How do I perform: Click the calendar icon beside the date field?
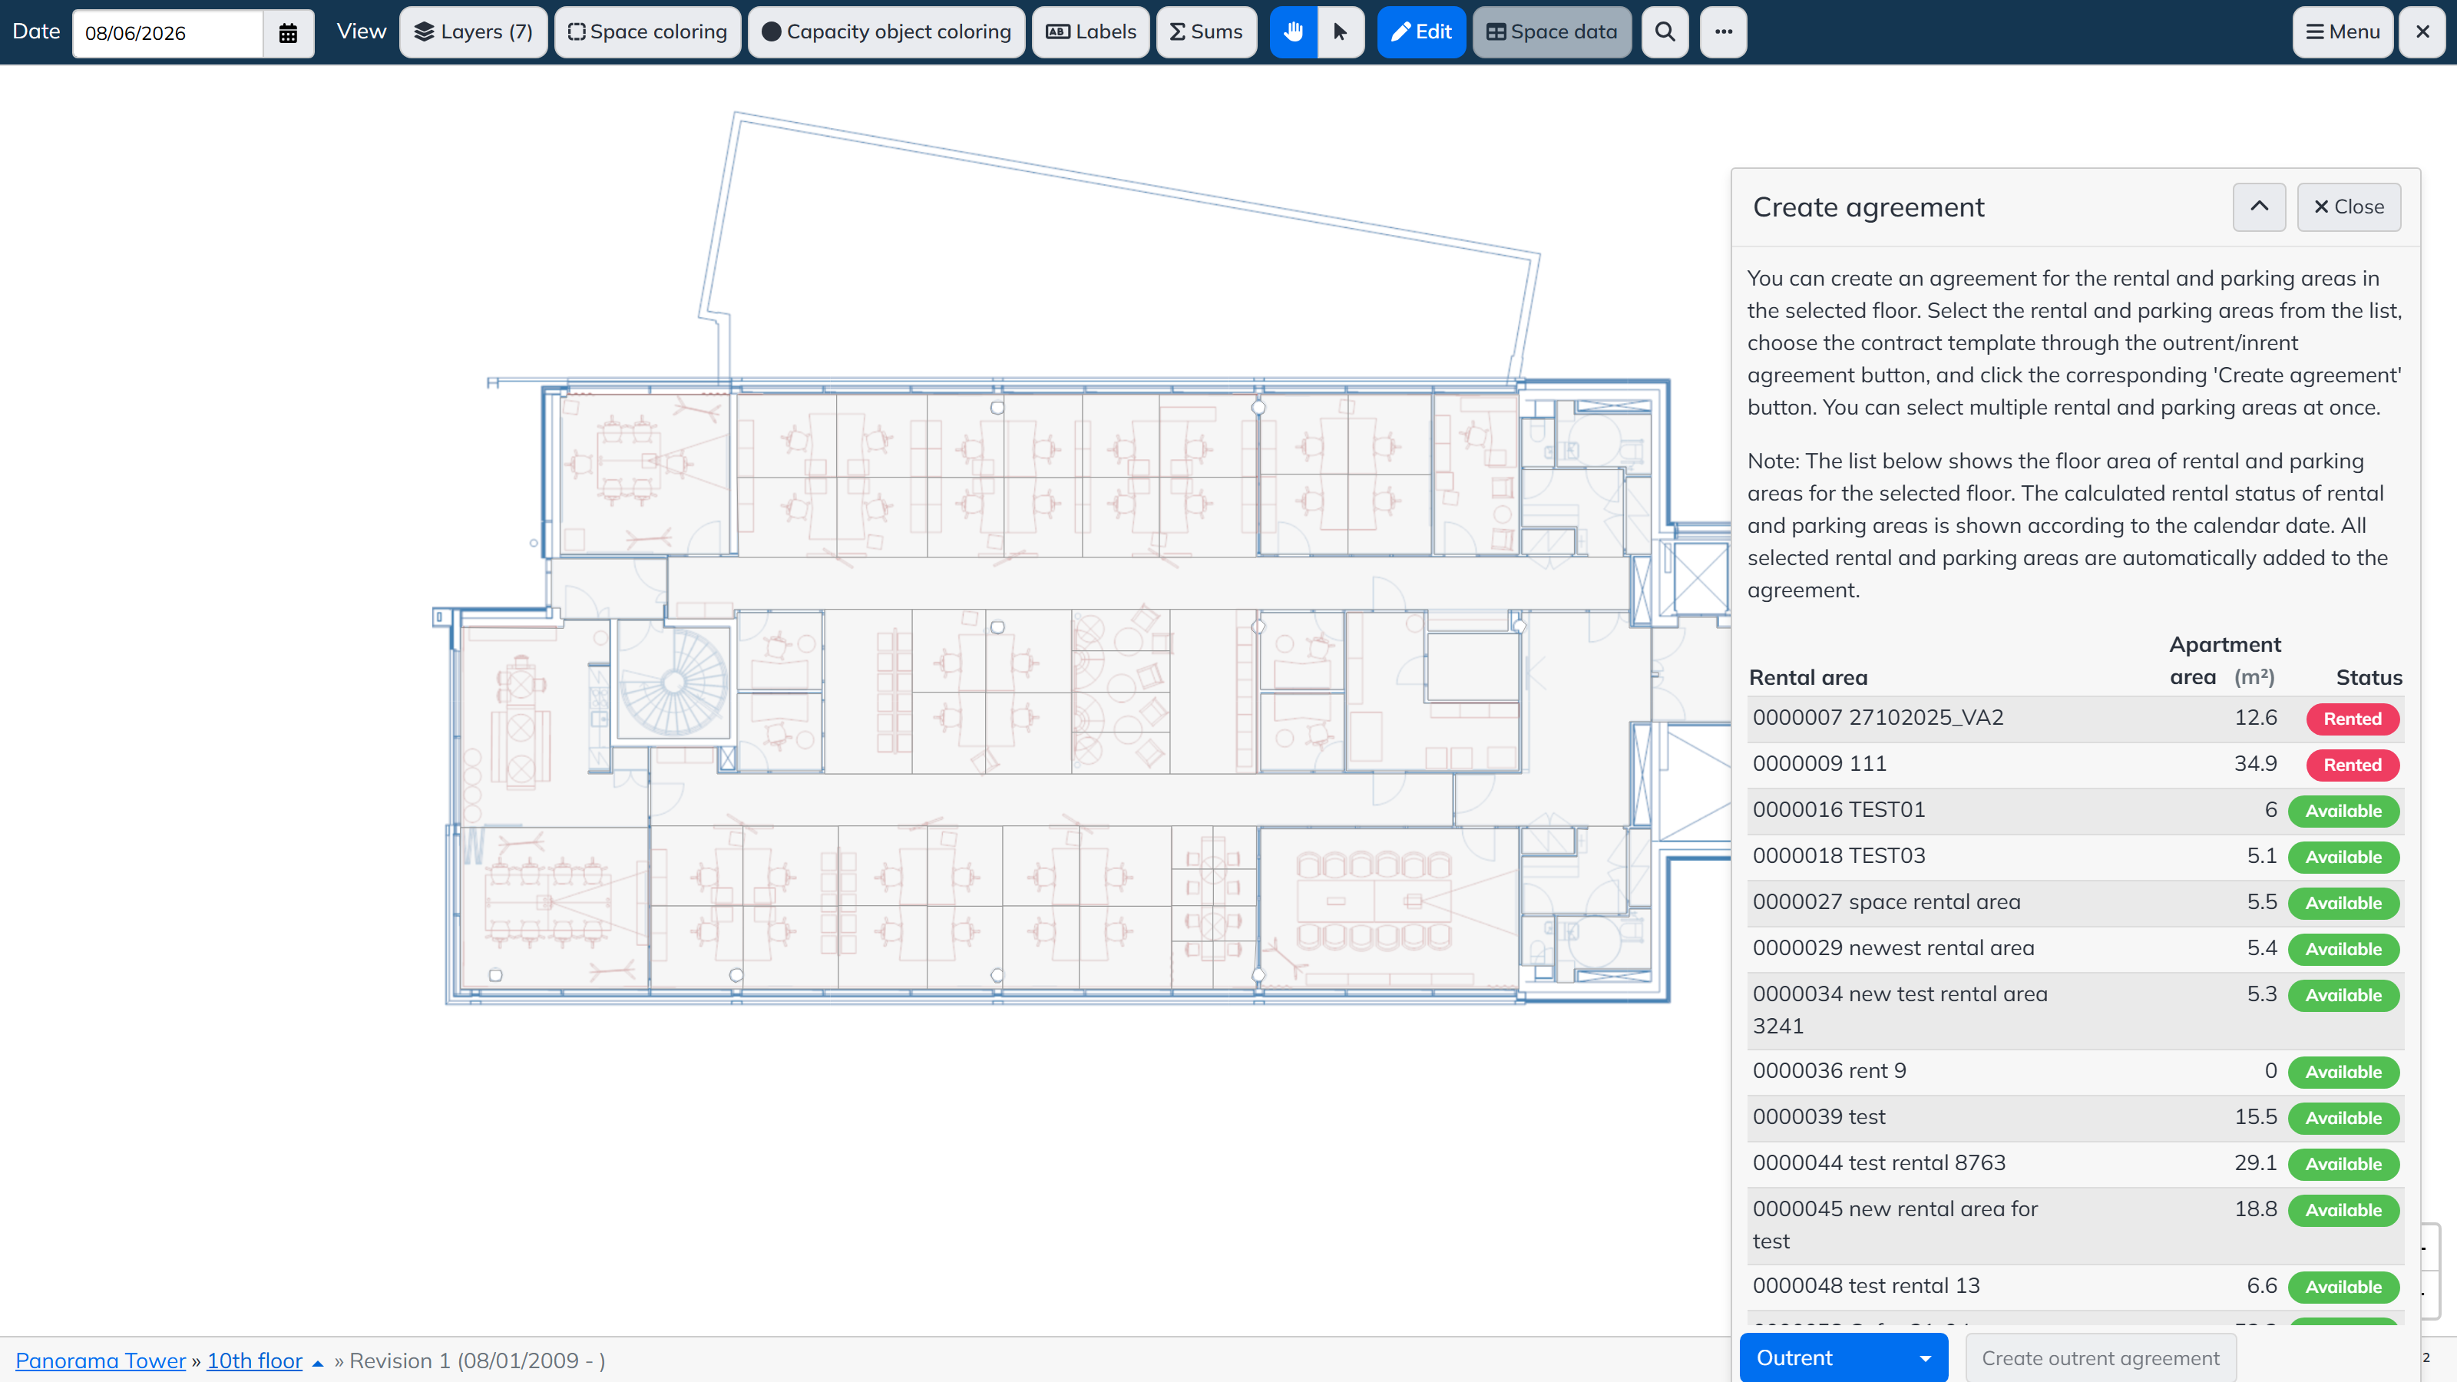pyautogui.click(x=288, y=33)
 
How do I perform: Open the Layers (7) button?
pyautogui.click(x=473, y=32)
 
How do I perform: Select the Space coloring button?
pyautogui.click(x=647, y=32)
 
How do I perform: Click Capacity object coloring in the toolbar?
pyautogui.click(x=886, y=32)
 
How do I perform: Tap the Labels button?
pyautogui.click(x=1091, y=32)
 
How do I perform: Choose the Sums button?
pyautogui.click(x=1206, y=32)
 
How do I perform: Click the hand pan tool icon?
pyautogui.click(x=1293, y=32)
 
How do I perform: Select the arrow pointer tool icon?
pyautogui.click(x=1340, y=32)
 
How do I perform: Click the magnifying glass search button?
pyautogui.click(x=1665, y=32)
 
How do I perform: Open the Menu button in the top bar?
pyautogui.click(x=2343, y=32)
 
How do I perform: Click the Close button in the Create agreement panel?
pyautogui.click(x=2350, y=207)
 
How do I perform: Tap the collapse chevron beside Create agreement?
pyautogui.click(x=2260, y=207)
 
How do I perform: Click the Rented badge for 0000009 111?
pyautogui.click(x=2352, y=765)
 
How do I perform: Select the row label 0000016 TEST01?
pyautogui.click(x=1838, y=810)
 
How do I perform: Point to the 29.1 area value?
pyautogui.click(x=2256, y=1162)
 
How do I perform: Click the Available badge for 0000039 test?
pyautogui.click(x=2343, y=1118)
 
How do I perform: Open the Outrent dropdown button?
pyautogui.click(x=1844, y=1358)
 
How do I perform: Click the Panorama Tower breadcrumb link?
pyautogui.click(x=100, y=1361)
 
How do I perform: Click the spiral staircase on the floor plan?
pyautogui.click(x=673, y=681)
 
